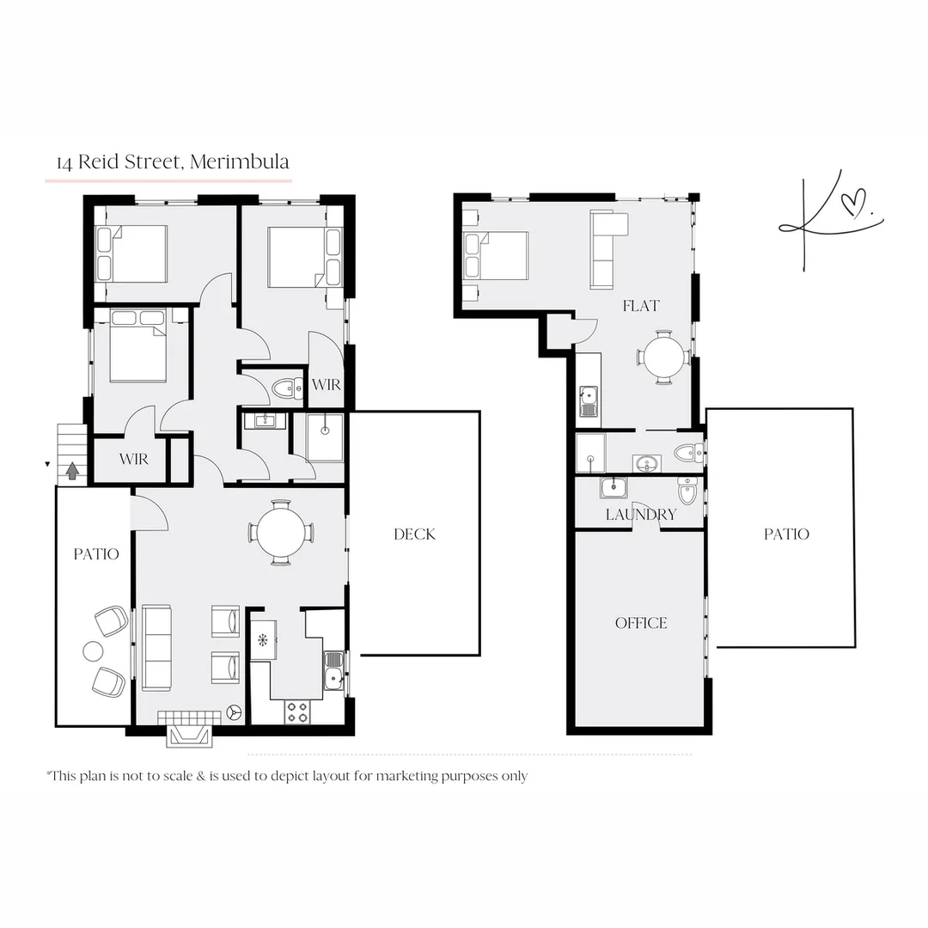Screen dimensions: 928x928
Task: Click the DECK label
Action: click(x=414, y=534)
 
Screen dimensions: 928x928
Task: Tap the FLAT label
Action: click(x=641, y=306)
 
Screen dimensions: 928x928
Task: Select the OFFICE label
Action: click(x=641, y=623)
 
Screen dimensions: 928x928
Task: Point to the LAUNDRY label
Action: click(x=641, y=515)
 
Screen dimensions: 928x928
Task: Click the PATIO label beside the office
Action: click(x=786, y=534)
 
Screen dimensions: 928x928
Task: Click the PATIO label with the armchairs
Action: click(x=95, y=554)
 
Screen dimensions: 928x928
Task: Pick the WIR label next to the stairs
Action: click(x=133, y=460)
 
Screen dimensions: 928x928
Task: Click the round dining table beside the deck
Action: click(x=281, y=533)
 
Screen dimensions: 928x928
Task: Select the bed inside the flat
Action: click(x=496, y=256)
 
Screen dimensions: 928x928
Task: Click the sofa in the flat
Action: click(x=607, y=249)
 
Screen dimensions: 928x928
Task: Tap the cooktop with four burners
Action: click(x=297, y=711)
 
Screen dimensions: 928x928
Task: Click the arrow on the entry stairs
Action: click(x=72, y=470)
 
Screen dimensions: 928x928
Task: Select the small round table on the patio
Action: click(x=92, y=651)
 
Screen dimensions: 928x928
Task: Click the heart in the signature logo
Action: click(x=851, y=206)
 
